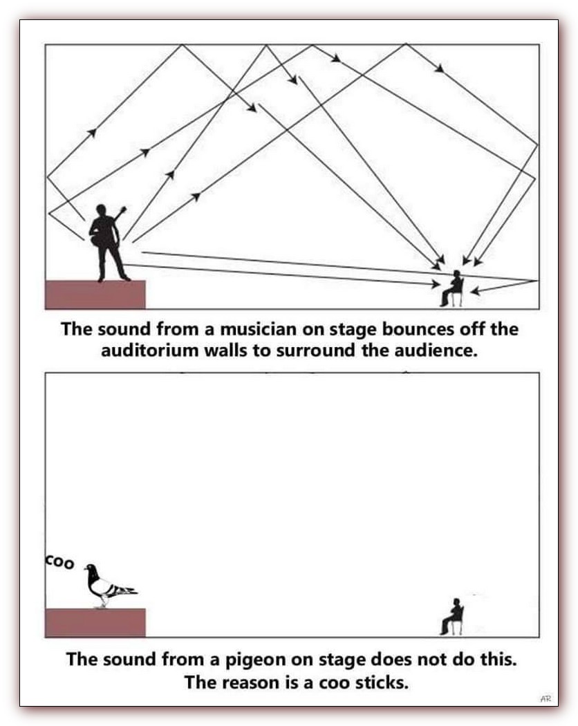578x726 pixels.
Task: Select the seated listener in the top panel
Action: tap(454, 289)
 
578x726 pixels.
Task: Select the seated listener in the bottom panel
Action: tap(454, 616)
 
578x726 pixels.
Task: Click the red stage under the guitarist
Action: tap(95, 295)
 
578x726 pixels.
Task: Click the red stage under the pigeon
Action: tap(95, 622)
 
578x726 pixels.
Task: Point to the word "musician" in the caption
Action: tap(255, 328)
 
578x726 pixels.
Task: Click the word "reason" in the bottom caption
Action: tap(256, 683)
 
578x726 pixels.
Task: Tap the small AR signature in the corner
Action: tap(546, 700)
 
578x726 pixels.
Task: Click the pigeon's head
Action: tap(90, 569)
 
